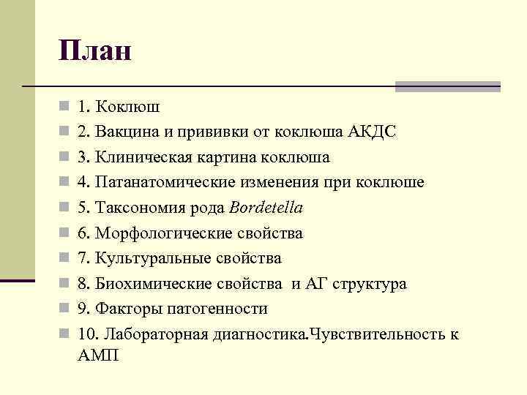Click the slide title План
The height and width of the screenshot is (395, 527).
(96, 50)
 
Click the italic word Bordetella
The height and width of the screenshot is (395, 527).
(266, 208)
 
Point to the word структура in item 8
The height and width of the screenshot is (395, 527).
(372, 284)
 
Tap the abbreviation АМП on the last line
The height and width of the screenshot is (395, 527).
(97, 356)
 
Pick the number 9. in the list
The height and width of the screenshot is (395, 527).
(82, 309)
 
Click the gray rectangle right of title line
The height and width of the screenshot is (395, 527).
(447, 86)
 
